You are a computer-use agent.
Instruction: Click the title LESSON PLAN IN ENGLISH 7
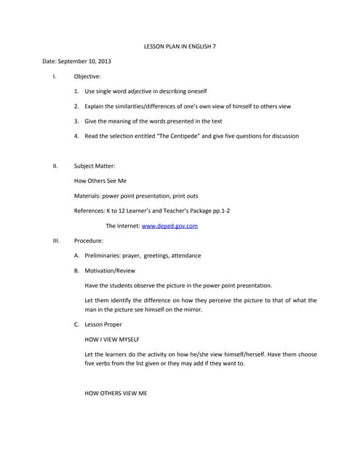179,46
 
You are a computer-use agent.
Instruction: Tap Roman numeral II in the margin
55,166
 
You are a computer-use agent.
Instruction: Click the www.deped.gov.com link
169,226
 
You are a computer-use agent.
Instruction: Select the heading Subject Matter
95,166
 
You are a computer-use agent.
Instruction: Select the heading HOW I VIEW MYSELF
112,339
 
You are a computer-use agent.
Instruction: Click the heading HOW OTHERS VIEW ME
116,392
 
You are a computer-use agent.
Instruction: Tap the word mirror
189,310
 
